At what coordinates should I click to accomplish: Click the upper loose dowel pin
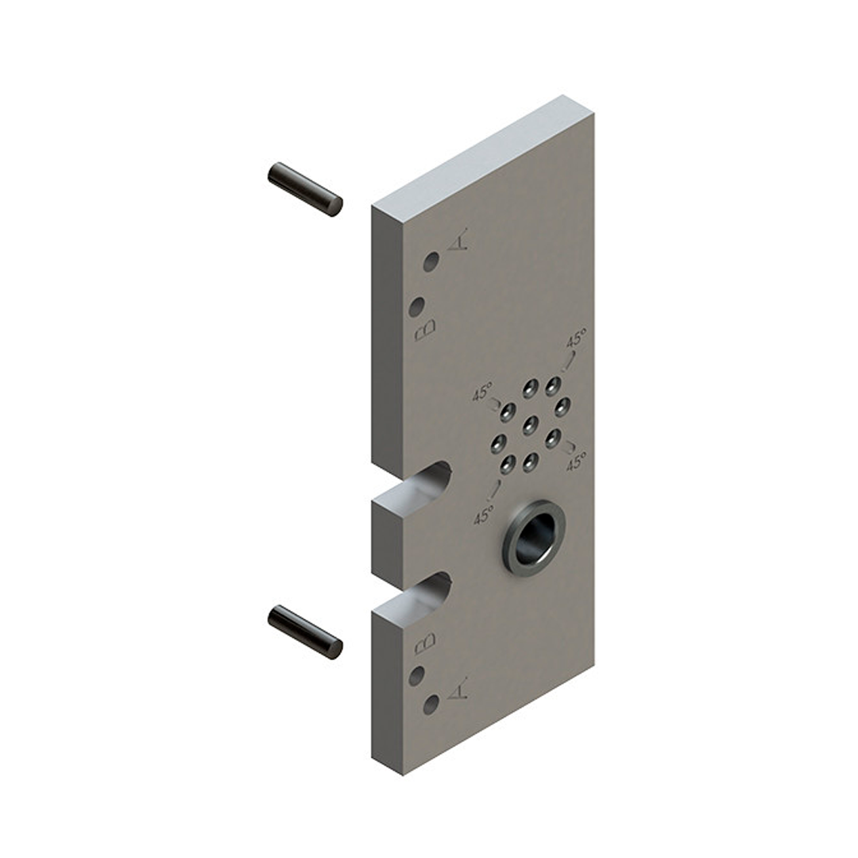[x=305, y=189]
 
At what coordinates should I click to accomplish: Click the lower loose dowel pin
[x=305, y=632]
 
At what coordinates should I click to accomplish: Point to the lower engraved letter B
[x=425, y=644]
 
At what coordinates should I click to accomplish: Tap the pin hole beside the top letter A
[x=431, y=262]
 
